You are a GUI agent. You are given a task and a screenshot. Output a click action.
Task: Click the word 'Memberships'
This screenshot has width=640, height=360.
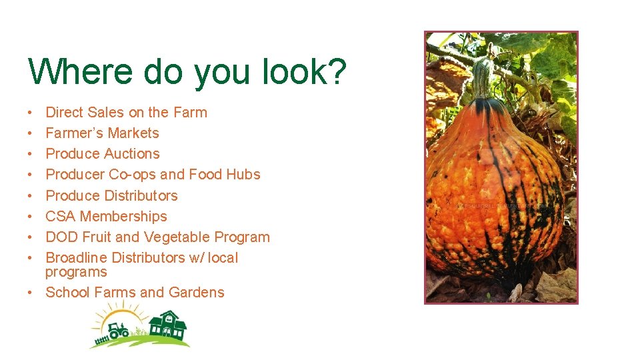tap(123, 216)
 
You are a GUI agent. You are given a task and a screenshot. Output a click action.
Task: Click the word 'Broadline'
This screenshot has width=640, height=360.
tap(76, 257)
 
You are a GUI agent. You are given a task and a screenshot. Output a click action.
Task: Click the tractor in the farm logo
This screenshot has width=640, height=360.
tap(118, 329)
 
